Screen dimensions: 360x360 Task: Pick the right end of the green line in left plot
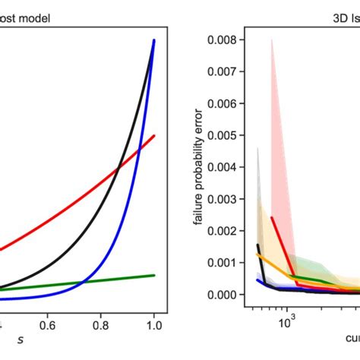[155, 276]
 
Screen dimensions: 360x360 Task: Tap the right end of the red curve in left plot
[155, 136]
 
